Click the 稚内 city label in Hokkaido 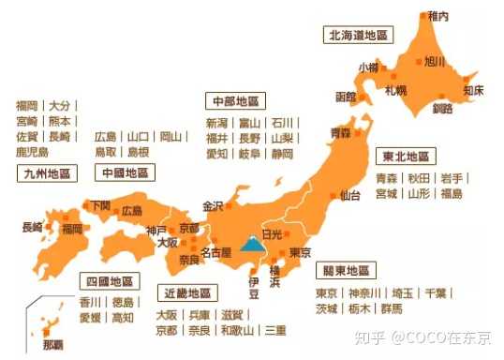[x=439, y=15]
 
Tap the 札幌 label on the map [x=396, y=91]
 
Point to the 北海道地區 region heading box [x=357, y=35]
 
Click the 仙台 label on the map [x=350, y=196]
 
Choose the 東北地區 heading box [x=404, y=156]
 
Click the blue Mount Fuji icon [x=251, y=245]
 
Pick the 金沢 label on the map [x=213, y=205]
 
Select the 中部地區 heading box [x=234, y=100]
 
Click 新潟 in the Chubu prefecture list [x=216, y=123]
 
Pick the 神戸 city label [x=157, y=230]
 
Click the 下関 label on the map [x=98, y=204]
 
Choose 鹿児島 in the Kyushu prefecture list [x=33, y=151]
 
